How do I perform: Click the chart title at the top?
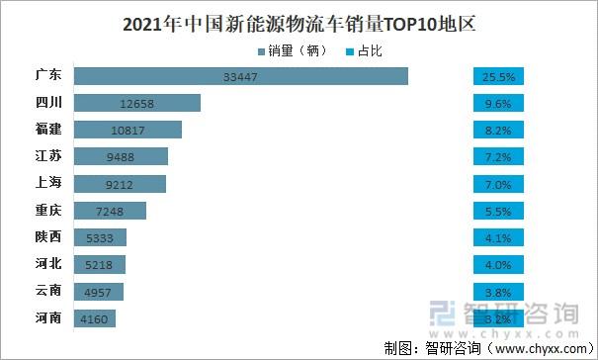[299, 23]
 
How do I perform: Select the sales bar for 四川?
[137, 103]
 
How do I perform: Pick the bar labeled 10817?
[128, 130]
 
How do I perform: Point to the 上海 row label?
[47, 183]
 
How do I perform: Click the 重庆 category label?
[47, 210]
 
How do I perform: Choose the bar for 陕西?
[100, 237]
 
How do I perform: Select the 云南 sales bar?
[99, 291]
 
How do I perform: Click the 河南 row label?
[47, 317]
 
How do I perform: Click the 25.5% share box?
[502, 76]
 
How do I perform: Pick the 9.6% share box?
[502, 103]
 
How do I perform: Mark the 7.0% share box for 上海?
[502, 183]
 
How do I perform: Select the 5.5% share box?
[502, 210]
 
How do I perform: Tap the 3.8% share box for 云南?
[502, 291]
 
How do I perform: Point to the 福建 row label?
[47, 130]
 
